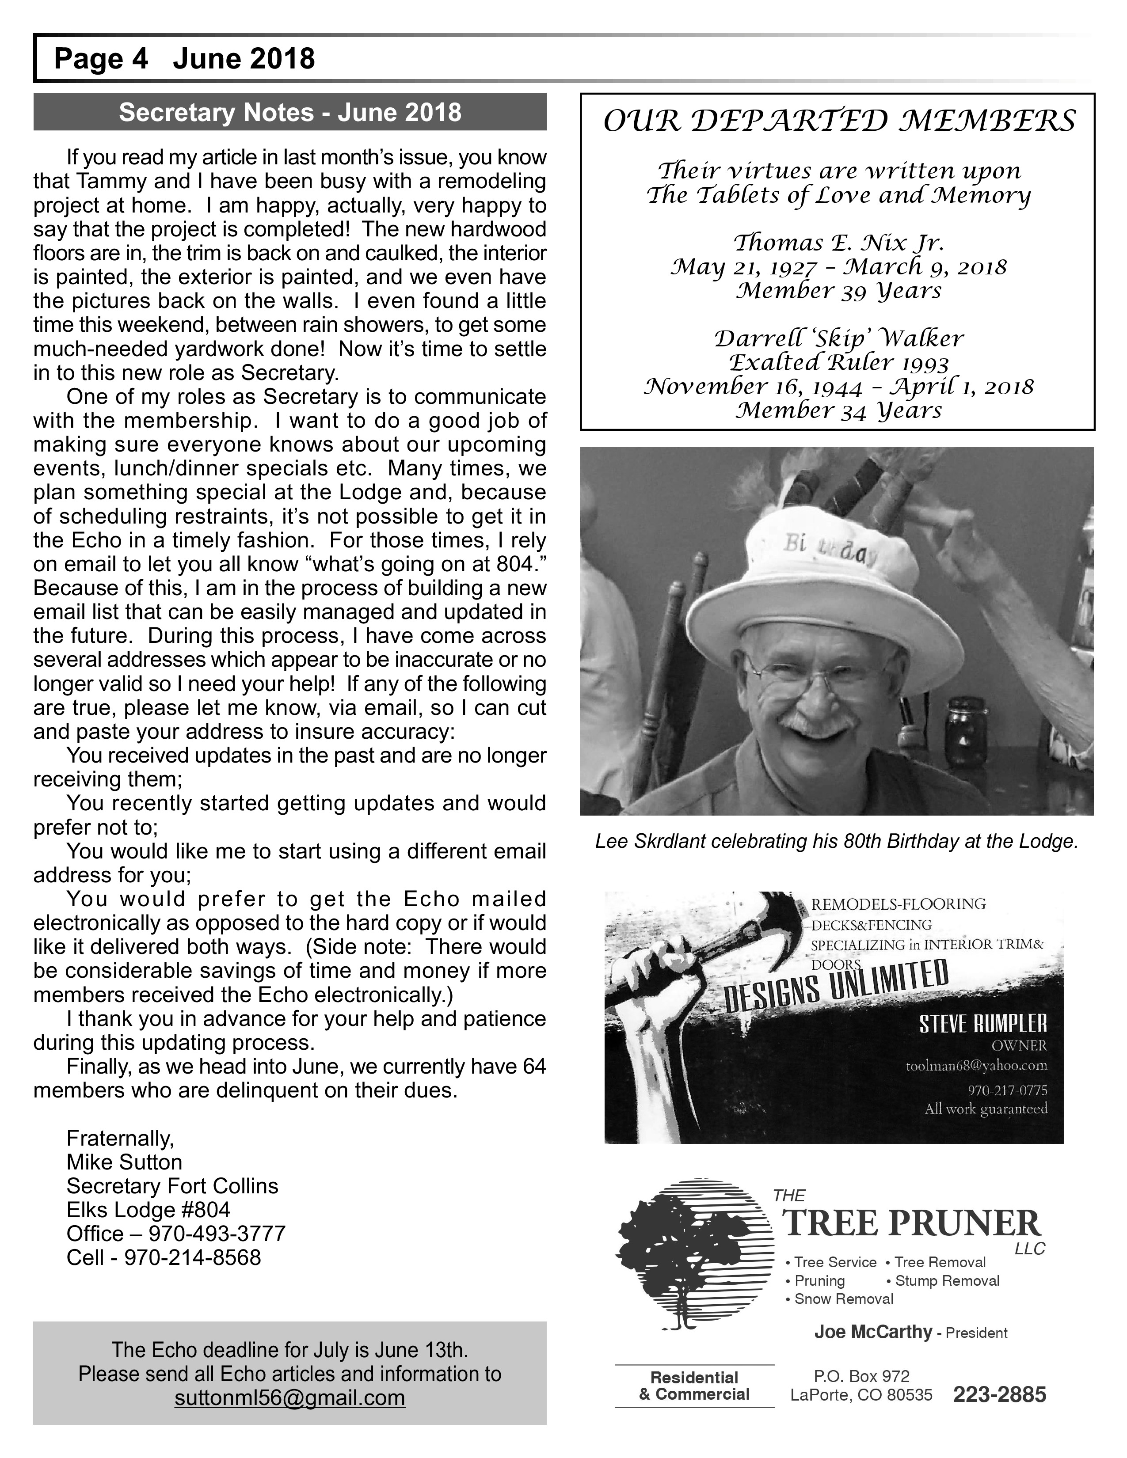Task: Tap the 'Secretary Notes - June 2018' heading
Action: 290,112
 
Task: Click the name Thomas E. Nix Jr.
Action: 838,242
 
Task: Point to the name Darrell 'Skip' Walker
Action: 838,338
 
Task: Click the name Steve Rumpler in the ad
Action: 983,1023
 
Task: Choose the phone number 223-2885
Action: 999,1395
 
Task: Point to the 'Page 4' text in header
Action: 101,59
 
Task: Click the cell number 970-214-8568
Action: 192,1258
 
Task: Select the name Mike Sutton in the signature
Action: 124,1162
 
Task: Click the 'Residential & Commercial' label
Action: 694,1386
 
